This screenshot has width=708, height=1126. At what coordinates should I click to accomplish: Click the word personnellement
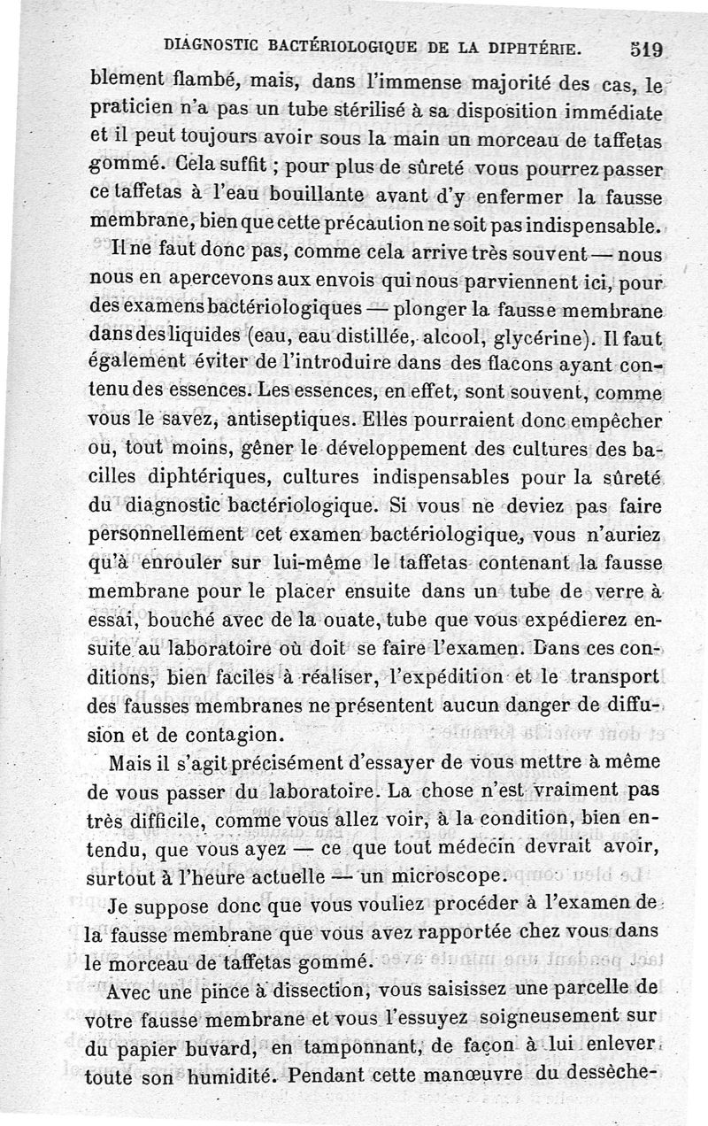[x=168, y=536]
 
